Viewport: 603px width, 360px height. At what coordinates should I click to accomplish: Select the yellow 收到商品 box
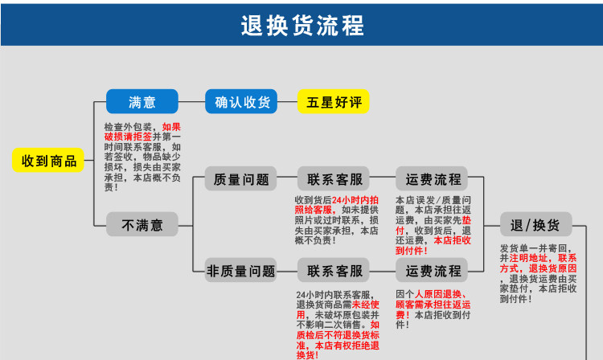tap(49, 160)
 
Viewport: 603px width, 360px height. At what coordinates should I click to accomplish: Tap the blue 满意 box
tap(142, 101)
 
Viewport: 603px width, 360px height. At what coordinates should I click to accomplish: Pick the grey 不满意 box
tap(142, 225)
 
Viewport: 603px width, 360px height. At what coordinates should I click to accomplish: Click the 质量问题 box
tap(241, 178)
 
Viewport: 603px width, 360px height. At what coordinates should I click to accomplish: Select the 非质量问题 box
tap(241, 270)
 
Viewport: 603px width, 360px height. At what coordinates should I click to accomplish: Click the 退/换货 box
tap(535, 223)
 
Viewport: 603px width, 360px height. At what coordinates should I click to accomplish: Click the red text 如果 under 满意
tap(171, 127)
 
